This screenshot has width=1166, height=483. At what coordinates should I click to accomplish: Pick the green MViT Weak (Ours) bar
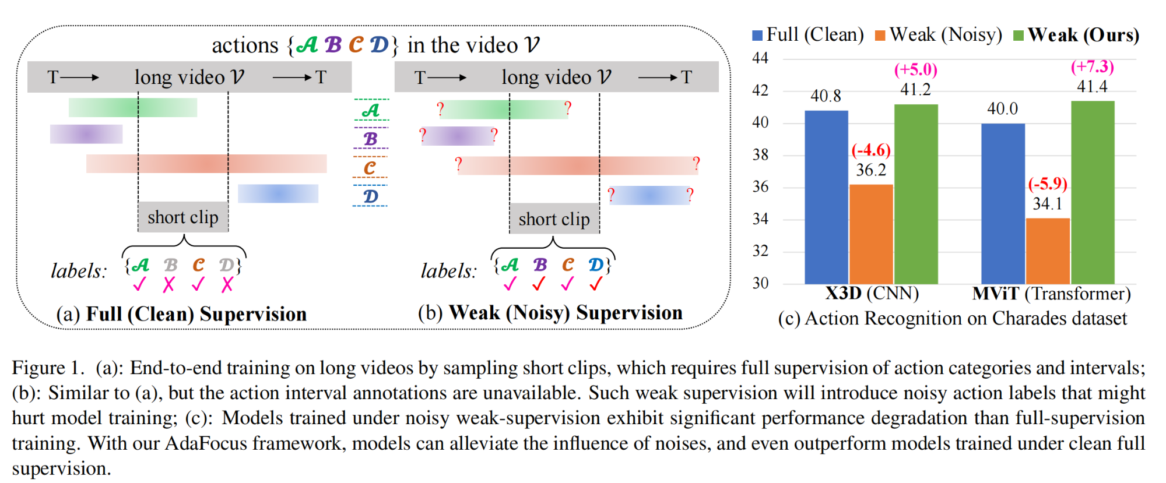[x=1092, y=192]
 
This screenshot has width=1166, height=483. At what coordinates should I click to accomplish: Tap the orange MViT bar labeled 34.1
[x=1047, y=251]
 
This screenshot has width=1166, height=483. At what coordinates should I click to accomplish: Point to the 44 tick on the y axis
[x=760, y=58]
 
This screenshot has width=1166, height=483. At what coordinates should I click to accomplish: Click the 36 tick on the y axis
[x=760, y=187]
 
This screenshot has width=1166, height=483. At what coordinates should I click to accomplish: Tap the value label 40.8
[x=826, y=96]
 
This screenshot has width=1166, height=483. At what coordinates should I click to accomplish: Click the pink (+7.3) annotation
[x=1092, y=67]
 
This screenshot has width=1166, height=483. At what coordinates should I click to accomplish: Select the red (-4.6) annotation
[x=871, y=150]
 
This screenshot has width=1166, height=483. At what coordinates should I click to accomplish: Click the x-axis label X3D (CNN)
[x=872, y=293]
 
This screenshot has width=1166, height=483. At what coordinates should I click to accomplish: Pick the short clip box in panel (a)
[x=183, y=217]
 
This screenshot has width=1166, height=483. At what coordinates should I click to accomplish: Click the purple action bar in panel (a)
[x=86, y=134]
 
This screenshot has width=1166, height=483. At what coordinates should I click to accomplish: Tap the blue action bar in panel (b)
[x=649, y=195]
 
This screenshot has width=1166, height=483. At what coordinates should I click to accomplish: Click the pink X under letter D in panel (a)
[x=227, y=284]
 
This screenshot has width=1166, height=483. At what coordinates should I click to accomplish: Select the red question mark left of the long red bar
[x=458, y=164]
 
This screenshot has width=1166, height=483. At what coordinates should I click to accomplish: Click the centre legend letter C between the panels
[x=370, y=168]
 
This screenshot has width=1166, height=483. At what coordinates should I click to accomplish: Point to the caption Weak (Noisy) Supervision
[x=565, y=313]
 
